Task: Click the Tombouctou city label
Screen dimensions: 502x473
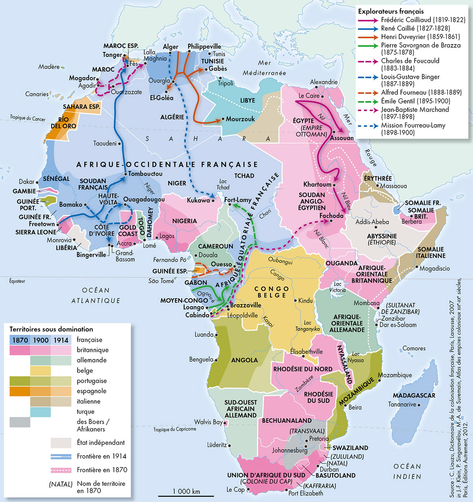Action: (145, 174)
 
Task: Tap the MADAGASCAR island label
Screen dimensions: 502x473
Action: (414, 395)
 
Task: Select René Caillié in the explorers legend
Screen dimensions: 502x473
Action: (415, 28)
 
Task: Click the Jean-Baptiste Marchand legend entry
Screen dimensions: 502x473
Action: (415, 110)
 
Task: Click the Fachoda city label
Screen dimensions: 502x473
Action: (330, 216)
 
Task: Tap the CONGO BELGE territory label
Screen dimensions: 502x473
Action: (272, 292)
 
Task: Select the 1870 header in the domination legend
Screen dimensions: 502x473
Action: (20, 340)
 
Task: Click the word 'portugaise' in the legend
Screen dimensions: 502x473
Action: (91, 381)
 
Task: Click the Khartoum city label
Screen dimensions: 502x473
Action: (317, 184)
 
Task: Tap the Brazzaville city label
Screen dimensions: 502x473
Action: (246, 305)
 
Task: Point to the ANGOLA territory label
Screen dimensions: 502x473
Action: (244, 360)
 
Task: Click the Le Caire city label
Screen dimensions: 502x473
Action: (309, 96)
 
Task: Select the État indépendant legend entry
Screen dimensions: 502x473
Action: (101, 443)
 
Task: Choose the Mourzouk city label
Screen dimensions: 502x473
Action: (240, 119)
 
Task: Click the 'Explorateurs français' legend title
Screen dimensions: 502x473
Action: (390, 11)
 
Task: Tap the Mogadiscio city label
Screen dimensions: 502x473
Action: (434, 268)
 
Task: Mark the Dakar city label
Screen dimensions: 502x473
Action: (27, 182)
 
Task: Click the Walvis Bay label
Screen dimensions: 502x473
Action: (208, 422)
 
